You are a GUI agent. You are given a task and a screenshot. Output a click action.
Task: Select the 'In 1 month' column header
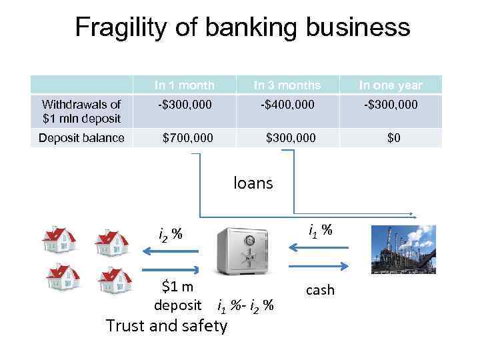185,85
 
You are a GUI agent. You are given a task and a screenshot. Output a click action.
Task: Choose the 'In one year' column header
391,85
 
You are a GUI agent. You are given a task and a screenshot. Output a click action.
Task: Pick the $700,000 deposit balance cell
189,138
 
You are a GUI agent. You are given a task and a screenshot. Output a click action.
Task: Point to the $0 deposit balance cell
391,138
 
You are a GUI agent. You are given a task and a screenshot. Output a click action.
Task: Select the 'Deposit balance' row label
81,138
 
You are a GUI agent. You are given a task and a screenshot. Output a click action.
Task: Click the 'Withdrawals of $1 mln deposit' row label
81,111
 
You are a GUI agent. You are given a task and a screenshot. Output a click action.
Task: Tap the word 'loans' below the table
253,183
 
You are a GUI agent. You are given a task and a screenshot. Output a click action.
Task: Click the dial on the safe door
249,241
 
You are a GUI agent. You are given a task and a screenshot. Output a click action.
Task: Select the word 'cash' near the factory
319,290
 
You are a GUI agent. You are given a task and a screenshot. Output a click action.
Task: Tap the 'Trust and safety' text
167,326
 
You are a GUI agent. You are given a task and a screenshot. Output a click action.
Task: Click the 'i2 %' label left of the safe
171,234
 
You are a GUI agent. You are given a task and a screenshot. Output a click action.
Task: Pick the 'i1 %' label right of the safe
320,231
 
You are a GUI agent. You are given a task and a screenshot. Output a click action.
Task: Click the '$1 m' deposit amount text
178,287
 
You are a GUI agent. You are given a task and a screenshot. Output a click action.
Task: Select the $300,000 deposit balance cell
291,138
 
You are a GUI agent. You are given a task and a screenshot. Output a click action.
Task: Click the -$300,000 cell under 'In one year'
391,105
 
